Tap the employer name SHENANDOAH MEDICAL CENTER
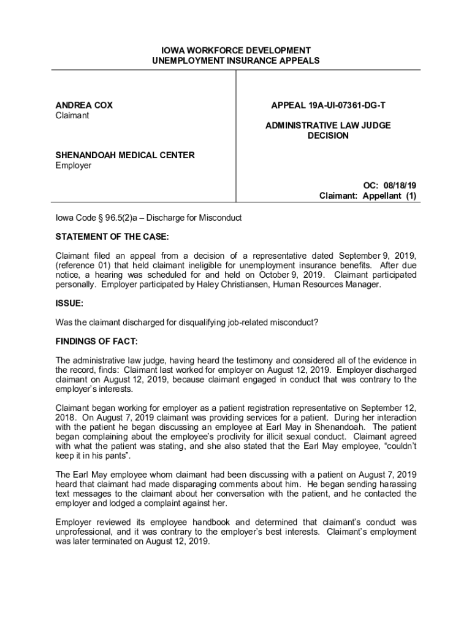click(125, 155)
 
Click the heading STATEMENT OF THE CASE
click(112, 237)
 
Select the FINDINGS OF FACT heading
click(97, 340)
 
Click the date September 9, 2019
click(381, 255)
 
